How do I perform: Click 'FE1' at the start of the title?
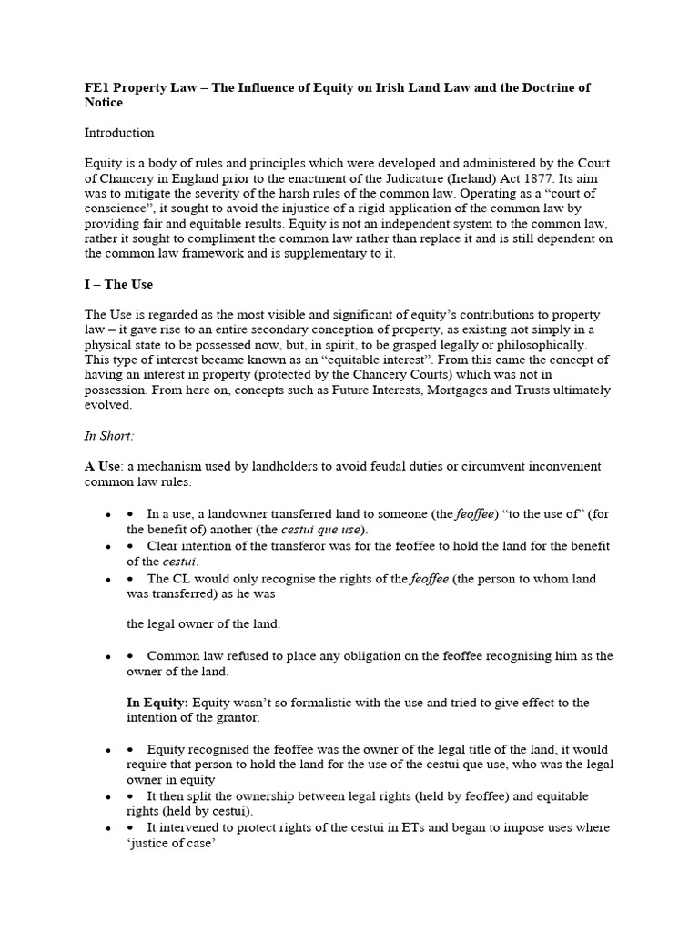tap(96, 87)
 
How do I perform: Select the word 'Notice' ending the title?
tap(104, 103)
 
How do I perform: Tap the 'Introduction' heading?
tap(119, 133)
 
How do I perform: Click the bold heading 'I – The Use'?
tap(118, 284)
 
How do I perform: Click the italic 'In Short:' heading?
tap(109, 435)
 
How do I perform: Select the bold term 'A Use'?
tap(102, 466)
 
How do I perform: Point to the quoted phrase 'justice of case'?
tap(169, 843)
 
